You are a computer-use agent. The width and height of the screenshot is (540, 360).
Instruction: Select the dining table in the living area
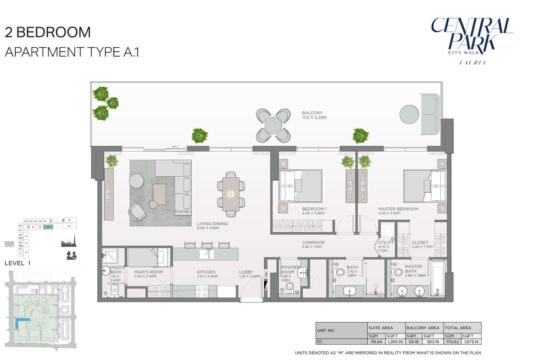pyautogui.click(x=231, y=194)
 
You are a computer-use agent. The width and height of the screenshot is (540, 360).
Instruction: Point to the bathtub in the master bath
pyautogui.click(x=437, y=278)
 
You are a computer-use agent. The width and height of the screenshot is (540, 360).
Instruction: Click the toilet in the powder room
pyautogui.click(x=289, y=288)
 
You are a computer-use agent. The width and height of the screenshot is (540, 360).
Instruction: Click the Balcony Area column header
pyautogui.click(x=423, y=328)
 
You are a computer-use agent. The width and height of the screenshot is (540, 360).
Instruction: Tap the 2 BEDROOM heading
pyautogui.click(x=47, y=32)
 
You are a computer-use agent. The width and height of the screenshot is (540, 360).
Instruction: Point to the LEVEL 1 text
pyautogui.click(x=17, y=263)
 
